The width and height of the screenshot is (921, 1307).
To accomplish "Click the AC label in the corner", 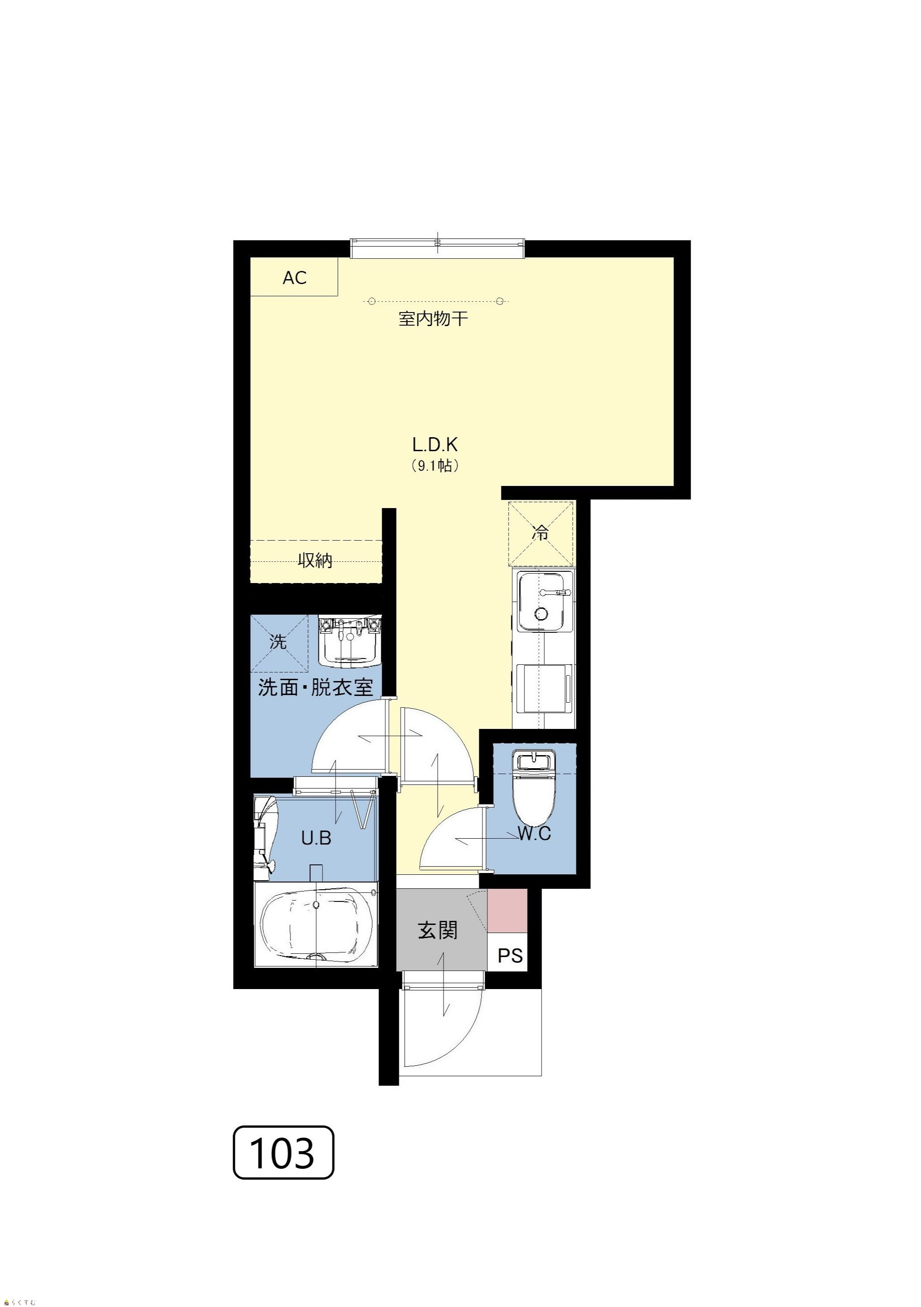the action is coord(295,278).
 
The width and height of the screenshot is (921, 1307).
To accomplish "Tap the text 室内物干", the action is coord(433,318).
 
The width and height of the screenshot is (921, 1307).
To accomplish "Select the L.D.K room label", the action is coord(435,444).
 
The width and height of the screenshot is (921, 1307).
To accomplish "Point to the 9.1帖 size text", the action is coord(435,466).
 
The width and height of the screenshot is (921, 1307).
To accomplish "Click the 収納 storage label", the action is coord(315,561).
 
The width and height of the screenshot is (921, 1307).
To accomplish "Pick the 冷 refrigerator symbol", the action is coord(541,533).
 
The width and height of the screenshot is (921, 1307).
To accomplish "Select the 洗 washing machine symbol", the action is coord(279,643).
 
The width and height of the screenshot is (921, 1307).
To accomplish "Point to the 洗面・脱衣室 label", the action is coord(315,688).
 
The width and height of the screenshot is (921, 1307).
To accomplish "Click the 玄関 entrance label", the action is coord(438,931).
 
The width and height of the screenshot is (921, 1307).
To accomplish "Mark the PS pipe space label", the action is coord(510,956).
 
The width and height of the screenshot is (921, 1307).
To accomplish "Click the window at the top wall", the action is coord(437,249).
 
